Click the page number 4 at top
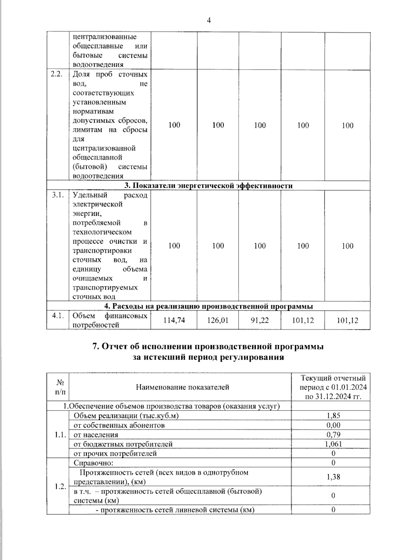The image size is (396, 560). pyautogui.click(x=209, y=20)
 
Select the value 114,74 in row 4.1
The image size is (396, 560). pyautogui.click(x=174, y=320)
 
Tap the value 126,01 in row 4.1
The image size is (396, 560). pyautogui.click(x=218, y=320)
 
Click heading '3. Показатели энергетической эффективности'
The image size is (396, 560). pyautogui.click(x=208, y=185)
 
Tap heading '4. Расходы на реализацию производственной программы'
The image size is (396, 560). pyautogui.click(x=208, y=306)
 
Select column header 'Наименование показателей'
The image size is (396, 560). pyautogui.click(x=182, y=387)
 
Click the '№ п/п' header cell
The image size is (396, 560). pyautogui.click(x=60, y=387)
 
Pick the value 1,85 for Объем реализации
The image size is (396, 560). pyautogui.click(x=333, y=415)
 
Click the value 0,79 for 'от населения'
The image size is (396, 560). pyautogui.click(x=333, y=434)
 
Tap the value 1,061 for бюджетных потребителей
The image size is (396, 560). pyautogui.click(x=333, y=444)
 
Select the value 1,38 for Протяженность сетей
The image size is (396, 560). pyautogui.click(x=333, y=477)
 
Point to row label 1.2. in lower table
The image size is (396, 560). pyautogui.click(x=60, y=487)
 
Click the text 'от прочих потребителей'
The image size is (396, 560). pyautogui.click(x=115, y=453)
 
